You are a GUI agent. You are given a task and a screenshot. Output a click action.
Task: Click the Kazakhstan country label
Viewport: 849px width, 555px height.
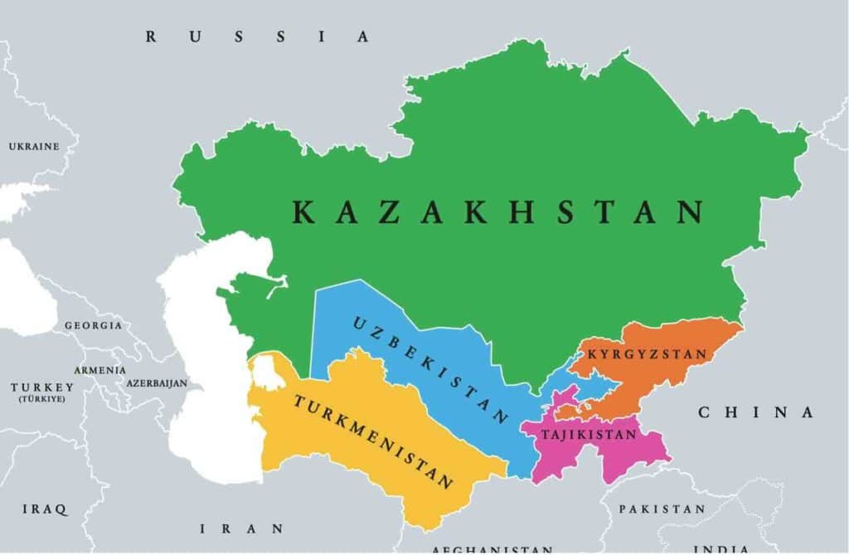click(497, 212)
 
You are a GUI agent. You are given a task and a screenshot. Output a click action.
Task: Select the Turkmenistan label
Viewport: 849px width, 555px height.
click(372, 441)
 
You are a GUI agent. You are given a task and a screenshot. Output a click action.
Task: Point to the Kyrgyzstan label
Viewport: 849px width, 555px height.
click(648, 354)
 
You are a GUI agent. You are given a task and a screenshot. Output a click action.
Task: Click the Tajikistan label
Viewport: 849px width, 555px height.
click(589, 434)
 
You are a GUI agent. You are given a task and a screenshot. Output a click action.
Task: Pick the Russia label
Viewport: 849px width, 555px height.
click(257, 36)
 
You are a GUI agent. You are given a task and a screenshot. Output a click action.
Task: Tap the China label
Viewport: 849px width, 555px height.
click(755, 412)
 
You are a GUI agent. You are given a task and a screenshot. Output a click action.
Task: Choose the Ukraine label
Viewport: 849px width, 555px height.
click(34, 147)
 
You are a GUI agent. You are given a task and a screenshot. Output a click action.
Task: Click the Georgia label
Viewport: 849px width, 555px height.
click(93, 325)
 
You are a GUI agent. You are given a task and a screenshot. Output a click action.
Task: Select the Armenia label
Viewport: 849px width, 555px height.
click(99, 370)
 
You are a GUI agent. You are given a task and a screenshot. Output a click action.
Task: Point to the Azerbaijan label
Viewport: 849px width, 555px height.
click(157, 383)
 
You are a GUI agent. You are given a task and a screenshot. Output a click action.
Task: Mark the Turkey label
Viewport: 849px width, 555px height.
click(42, 387)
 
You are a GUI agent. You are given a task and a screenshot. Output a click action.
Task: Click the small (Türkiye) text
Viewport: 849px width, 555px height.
click(42, 399)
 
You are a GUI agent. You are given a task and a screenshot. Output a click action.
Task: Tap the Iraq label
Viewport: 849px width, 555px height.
click(45, 509)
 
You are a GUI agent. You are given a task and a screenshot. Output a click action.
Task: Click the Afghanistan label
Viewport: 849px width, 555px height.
click(492, 549)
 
